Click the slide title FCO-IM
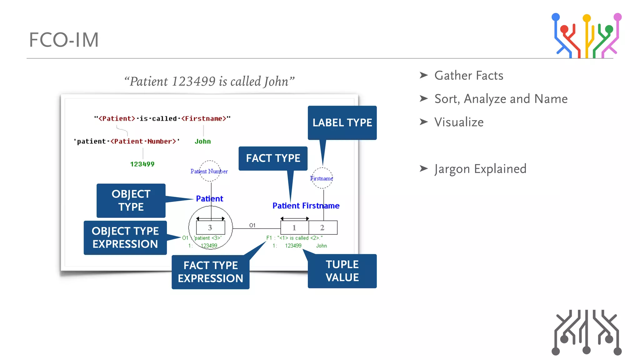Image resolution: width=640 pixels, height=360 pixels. point(64,40)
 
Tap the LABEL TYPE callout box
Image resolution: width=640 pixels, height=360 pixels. point(342,122)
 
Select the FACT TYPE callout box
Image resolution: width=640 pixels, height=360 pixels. point(273,158)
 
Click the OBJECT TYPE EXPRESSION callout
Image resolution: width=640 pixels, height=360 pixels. point(125,237)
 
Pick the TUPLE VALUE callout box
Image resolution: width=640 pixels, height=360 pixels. point(342,271)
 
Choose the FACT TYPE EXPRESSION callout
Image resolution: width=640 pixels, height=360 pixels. point(210,272)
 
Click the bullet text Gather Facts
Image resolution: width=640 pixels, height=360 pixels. point(468,76)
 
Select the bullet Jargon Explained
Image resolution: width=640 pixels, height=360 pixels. point(480,169)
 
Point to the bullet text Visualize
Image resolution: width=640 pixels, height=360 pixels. point(459,122)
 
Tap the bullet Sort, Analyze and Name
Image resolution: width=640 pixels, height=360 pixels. point(501,99)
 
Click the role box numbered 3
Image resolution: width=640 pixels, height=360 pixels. point(210,228)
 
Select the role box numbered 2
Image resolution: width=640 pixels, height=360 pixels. point(323,228)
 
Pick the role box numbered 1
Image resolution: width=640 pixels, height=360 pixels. point(294,228)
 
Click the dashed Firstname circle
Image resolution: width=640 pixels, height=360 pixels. point(322,178)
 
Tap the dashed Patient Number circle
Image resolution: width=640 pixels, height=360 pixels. point(210,171)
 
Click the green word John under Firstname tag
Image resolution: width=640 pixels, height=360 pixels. point(202,142)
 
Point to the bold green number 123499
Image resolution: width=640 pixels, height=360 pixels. point(142,164)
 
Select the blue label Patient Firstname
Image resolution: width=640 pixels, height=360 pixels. point(306,206)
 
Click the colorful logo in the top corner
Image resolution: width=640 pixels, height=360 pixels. point(586,35)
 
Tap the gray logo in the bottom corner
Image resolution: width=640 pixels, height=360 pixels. point(586,332)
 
